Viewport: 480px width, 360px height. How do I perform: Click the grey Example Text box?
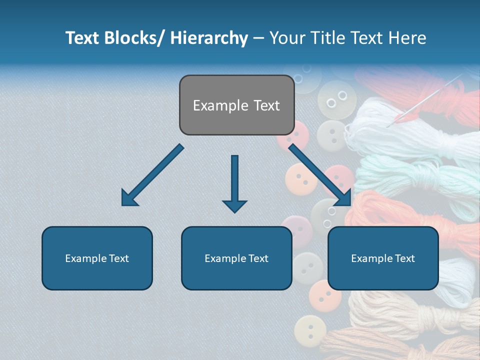[x=236, y=105]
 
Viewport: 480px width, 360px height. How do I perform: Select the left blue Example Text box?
[x=97, y=258]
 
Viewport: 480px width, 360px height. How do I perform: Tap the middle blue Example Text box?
[x=236, y=258]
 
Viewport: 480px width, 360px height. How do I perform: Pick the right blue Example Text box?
[x=383, y=258]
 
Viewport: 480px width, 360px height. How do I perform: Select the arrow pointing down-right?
[x=320, y=175]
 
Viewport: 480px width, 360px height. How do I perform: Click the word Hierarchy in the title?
[x=209, y=38]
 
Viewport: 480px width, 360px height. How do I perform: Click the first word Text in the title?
[x=83, y=38]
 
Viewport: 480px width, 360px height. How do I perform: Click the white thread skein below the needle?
[x=410, y=130]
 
